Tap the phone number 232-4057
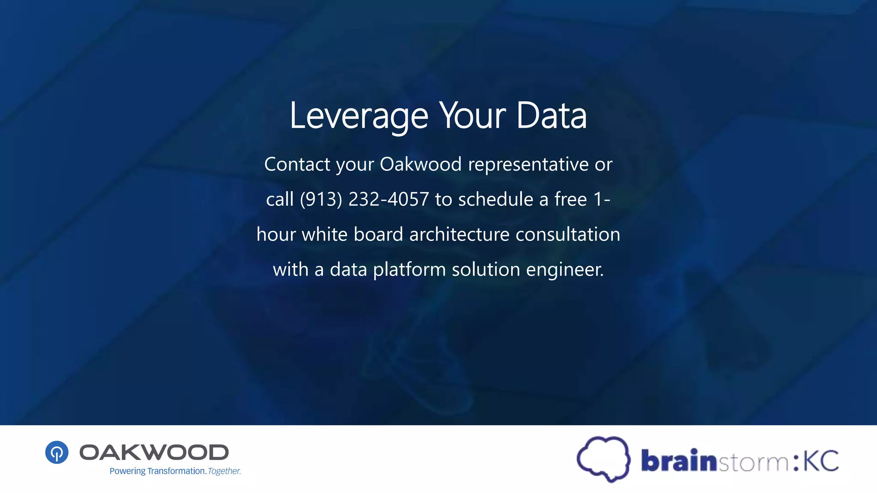click(388, 199)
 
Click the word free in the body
click(570, 199)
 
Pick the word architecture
click(459, 235)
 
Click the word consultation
click(567, 235)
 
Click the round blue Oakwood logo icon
click(57, 452)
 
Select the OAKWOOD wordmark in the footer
click(154, 452)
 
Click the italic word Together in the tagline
click(224, 471)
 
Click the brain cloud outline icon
click(603, 459)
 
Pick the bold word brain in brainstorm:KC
click(679, 460)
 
